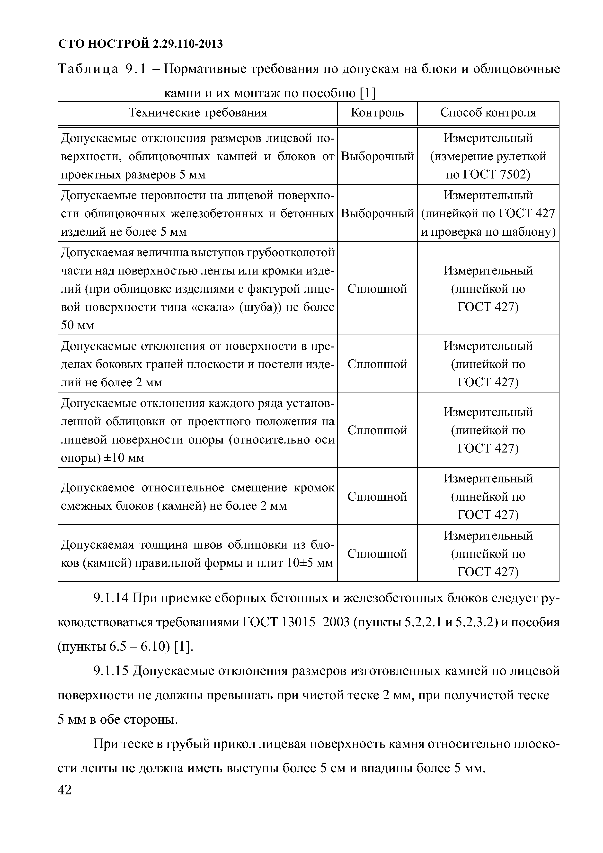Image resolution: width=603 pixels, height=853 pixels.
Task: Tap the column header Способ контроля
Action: click(488, 113)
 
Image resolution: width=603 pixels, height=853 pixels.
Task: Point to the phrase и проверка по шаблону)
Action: click(488, 232)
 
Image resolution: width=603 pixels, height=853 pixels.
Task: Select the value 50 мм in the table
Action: click(77, 325)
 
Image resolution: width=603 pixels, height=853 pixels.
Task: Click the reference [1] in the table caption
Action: click(368, 93)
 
